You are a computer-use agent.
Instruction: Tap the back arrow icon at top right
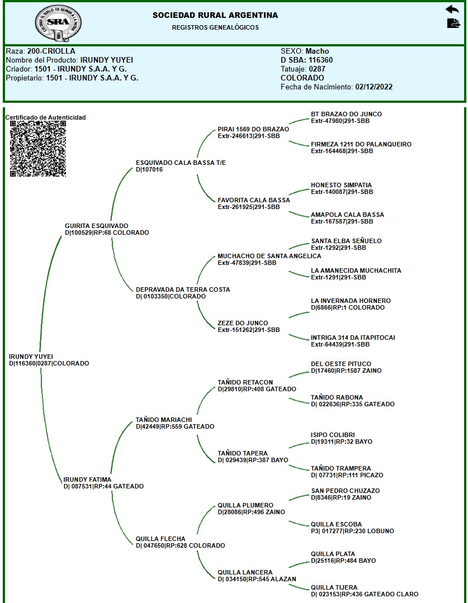point(452,10)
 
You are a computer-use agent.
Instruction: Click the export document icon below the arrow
point(453,23)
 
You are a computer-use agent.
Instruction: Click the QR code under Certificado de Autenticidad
point(38,149)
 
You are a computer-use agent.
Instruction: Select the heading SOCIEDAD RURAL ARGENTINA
point(215,16)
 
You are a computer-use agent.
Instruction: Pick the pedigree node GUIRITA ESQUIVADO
point(97,226)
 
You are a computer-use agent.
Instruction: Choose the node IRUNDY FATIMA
point(87,479)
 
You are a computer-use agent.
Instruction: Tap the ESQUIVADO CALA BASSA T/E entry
point(181,163)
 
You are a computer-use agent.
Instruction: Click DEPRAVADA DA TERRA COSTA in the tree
point(183,289)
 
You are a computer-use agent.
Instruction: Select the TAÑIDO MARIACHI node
point(164,420)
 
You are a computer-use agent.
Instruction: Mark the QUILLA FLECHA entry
point(160,539)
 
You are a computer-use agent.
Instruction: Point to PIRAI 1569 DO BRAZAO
point(253,129)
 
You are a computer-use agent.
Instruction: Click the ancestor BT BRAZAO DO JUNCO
point(346,114)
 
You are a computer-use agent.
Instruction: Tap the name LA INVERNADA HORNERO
point(351,301)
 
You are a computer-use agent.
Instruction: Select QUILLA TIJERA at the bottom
point(334,587)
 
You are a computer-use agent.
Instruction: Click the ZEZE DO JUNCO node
point(243,323)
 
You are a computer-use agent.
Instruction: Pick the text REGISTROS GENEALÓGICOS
point(215,27)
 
